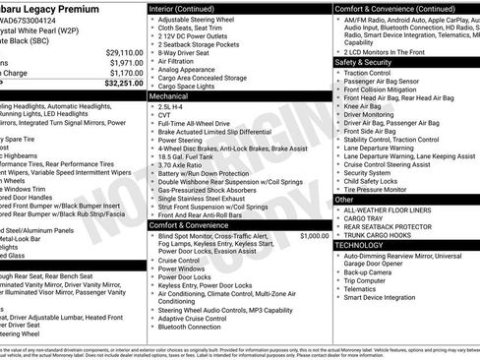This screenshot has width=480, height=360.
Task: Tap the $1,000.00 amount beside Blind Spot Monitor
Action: [x=315, y=236]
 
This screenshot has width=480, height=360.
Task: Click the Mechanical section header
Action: [x=168, y=97]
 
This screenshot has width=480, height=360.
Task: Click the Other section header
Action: [x=345, y=199]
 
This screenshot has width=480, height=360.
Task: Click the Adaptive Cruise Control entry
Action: [x=192, y=318]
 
